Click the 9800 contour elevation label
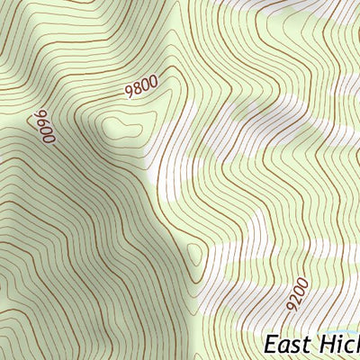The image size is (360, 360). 141,87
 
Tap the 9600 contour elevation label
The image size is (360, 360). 44,128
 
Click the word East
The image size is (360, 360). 289,346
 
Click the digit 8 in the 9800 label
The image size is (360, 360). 137,88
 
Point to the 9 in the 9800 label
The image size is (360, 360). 129,91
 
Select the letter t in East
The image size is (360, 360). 309,346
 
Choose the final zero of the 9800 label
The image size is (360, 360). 153,83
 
